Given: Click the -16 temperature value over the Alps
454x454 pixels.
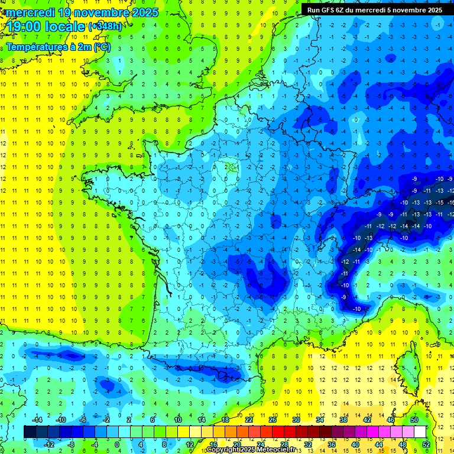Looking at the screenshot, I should (451, 202).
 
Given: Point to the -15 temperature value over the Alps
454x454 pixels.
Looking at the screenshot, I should (439, 202).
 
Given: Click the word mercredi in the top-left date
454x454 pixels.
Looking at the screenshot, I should (29, 12).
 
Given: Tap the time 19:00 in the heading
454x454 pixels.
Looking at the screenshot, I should (27, 27).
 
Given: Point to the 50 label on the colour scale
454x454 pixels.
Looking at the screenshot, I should (414, 420).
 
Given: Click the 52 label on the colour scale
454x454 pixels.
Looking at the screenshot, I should (426, 444).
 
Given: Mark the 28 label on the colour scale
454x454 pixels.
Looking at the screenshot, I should (284, 444).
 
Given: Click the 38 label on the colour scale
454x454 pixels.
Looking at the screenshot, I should (343, 420).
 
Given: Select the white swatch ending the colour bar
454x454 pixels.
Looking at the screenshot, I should (420, 432).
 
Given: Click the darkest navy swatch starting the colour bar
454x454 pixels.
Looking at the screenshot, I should (30, 432).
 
